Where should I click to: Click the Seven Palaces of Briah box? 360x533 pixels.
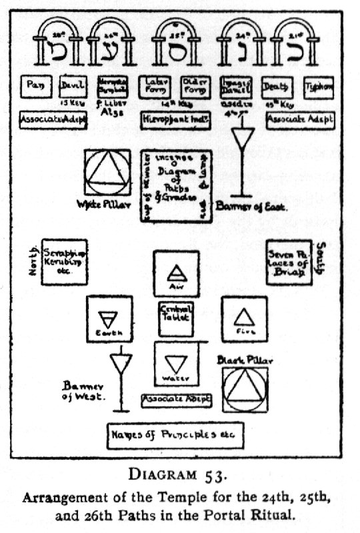pos(289,262)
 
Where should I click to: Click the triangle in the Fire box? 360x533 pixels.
pos(243,315)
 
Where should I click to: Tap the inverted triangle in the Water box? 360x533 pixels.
pos(176,363)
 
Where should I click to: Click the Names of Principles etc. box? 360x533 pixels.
pos(176,434)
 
